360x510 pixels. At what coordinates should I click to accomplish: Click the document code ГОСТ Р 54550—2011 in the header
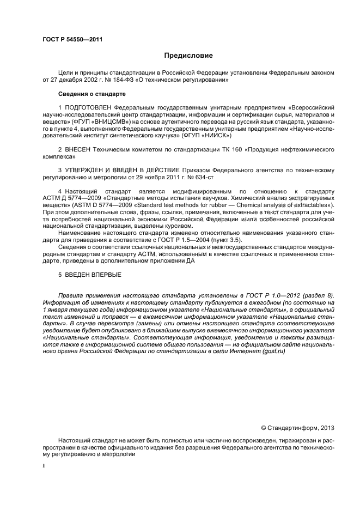[72, 40]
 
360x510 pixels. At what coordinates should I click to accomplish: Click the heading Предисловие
[188, 56]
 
